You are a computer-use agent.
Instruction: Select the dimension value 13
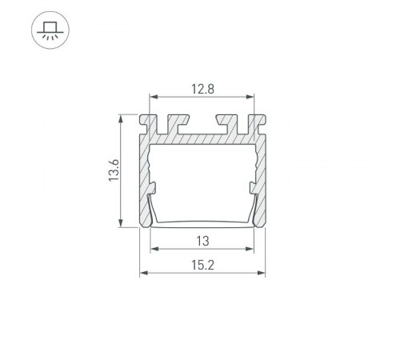point(202,239)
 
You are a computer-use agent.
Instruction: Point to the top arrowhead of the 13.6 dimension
point(121,118)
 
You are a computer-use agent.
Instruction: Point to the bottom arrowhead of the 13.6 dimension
point(121,225)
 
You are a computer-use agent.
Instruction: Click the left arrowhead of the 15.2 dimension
point(144,273)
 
